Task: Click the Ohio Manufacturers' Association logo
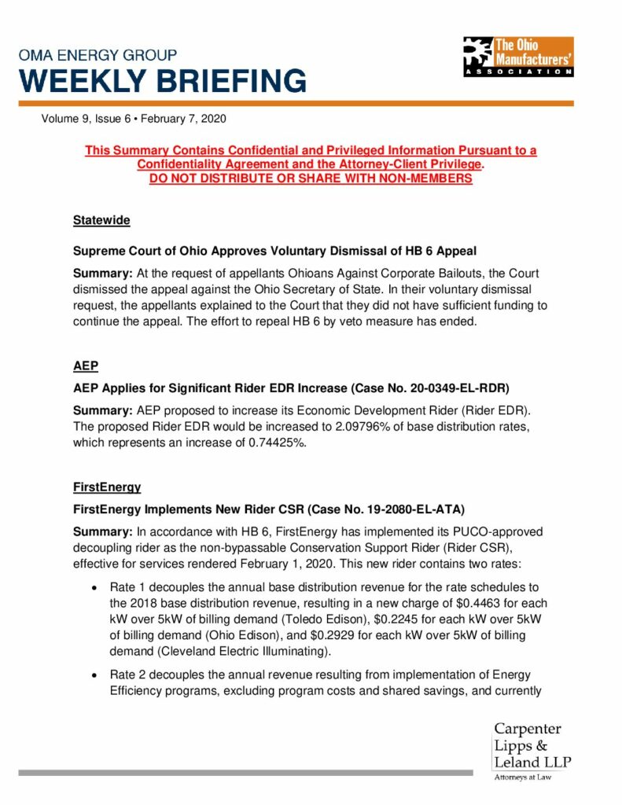(x=517, y=56)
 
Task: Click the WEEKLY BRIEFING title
(x=163, y=80)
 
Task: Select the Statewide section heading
(x=101, y=221)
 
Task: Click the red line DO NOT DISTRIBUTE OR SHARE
(x=311, y=178)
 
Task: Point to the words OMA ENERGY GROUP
(x=98, y=56)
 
